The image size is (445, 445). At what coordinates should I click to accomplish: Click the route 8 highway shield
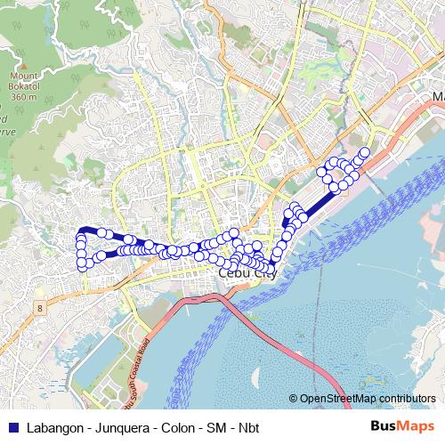click(x=39, y=307)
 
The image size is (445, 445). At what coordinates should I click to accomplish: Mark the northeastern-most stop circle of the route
click(x=364, y=151)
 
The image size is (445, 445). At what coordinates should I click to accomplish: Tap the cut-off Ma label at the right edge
click(x=437, y=95)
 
